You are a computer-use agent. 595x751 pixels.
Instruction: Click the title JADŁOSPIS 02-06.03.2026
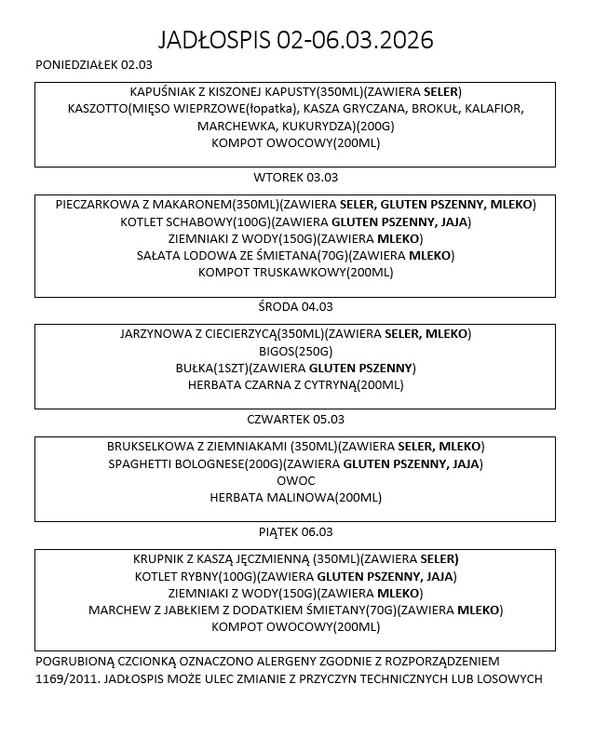coord(296,41)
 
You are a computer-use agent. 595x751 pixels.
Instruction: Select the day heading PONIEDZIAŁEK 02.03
coord(93,65)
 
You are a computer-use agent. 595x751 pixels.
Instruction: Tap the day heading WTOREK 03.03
coord(296,177)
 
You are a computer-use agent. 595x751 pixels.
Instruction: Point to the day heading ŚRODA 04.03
coord(295,306)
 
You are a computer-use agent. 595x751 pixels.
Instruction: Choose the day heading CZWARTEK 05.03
coord(295,419)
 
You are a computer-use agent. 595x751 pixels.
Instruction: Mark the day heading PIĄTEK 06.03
coord(295,532)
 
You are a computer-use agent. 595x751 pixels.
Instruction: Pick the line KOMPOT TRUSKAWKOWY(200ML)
coord(295,273)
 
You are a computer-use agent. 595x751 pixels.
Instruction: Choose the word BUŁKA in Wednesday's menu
coord(195,368)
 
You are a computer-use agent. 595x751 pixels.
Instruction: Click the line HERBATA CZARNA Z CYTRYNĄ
coord(295,384)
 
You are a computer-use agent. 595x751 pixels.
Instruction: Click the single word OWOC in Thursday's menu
coord(295,480)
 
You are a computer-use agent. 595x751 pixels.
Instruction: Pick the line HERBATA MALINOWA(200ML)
coord(295,498)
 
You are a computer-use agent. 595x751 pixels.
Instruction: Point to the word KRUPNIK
coord(162,560)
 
